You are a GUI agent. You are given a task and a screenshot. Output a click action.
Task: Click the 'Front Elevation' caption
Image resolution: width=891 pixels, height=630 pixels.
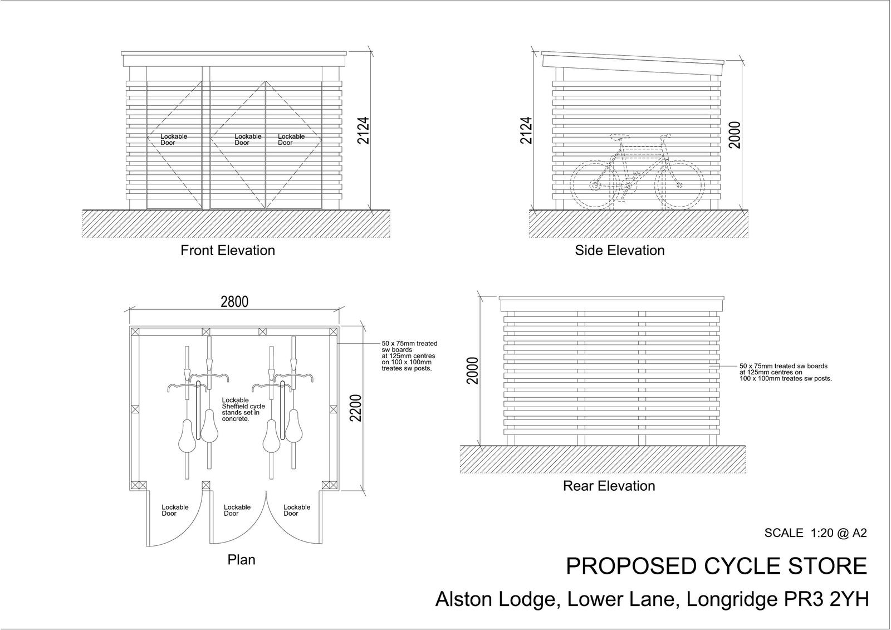pyautogui.click(x=228, y=251)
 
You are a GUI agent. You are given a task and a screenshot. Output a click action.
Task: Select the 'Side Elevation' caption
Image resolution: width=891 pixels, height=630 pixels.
pyautogui.click(x=620, y=251)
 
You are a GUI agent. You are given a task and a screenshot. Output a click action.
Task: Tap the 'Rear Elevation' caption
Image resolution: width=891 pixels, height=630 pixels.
pyautogui.click(x=609, y=486)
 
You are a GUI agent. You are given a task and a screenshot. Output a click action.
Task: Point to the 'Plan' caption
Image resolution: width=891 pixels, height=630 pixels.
pyautogui.click(x=241, y=559)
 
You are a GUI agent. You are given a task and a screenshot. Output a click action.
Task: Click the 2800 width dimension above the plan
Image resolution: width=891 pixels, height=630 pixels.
pyautogui.click(x=234, y=302)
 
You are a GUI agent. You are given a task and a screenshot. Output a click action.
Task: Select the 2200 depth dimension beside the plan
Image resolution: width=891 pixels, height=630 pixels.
pyautogui.click(x=356, y=408)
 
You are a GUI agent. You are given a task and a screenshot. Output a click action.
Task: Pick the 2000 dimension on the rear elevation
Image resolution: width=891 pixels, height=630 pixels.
pyautogui.click(x=473, y=370)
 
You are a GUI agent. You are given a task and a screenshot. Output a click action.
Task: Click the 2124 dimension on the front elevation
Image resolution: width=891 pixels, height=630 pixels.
pyautogui.click(x=363, y=130)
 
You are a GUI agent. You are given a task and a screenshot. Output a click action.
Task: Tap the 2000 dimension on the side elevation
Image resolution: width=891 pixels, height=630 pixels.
pyautogui.click(x=735, y=135)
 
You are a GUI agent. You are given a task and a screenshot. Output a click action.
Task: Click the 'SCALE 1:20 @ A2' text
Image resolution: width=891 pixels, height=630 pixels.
pyautogui.click(x=816, y=533)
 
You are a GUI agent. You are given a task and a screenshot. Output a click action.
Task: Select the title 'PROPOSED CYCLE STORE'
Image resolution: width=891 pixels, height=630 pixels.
pyautogui.click(x=716, y=566)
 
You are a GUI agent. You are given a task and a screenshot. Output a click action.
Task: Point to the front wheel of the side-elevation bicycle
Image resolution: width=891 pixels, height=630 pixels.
pyautogui.click(x=679, y=185)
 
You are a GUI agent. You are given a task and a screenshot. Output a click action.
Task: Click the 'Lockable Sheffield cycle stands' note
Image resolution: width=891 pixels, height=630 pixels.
pyautogui.click(x=243, y=409)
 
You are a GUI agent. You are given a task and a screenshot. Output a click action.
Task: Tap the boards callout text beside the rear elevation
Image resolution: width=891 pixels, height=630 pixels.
pyautogui.click(x=785, y=372)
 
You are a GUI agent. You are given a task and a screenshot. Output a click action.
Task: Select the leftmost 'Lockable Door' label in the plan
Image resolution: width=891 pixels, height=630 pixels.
pyautogui.click(x=175, y=510)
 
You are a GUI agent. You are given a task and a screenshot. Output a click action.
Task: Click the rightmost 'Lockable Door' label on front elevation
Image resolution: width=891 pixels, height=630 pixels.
pyautogui.click(x=291, y=139)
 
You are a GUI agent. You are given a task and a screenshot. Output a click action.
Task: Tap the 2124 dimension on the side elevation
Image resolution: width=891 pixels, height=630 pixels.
pyautogui.click(x=526, y=130)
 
